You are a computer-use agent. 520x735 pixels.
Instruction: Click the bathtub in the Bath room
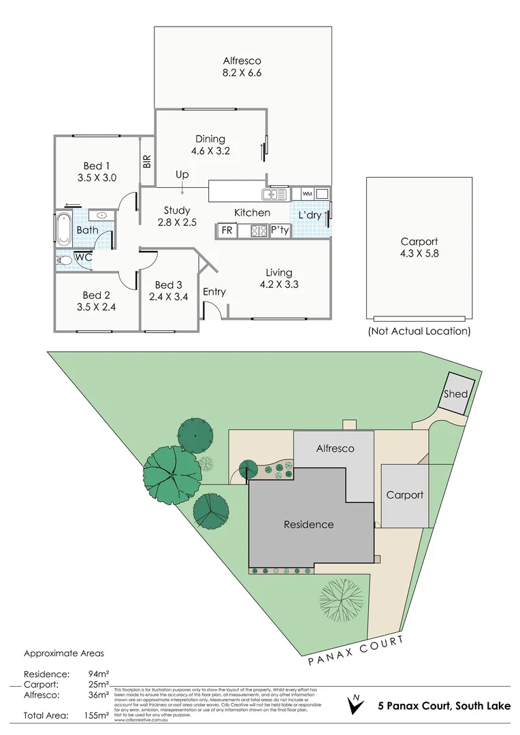[x=64, y=230]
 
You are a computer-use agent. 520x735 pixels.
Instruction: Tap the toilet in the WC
[x=65, y=259]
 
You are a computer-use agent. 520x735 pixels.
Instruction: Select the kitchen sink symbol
[x=277, y=194]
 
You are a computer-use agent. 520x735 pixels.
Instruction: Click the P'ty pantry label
[x=280, y=231]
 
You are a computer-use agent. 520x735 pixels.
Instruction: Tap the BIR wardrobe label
[x=147, y=161]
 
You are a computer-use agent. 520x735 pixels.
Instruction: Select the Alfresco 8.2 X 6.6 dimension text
[x=243, y=73]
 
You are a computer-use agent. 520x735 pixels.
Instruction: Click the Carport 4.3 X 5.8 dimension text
[x=419, y=254]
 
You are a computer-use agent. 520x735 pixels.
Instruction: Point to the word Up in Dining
[x=182, y=175]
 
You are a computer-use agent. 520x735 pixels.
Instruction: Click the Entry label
[x=214, y=292]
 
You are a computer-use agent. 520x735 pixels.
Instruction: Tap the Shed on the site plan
[x=456, y=394]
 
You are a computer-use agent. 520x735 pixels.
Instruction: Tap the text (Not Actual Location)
[x=419, y=331]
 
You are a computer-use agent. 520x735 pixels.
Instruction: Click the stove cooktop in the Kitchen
[x=259, y=231]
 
